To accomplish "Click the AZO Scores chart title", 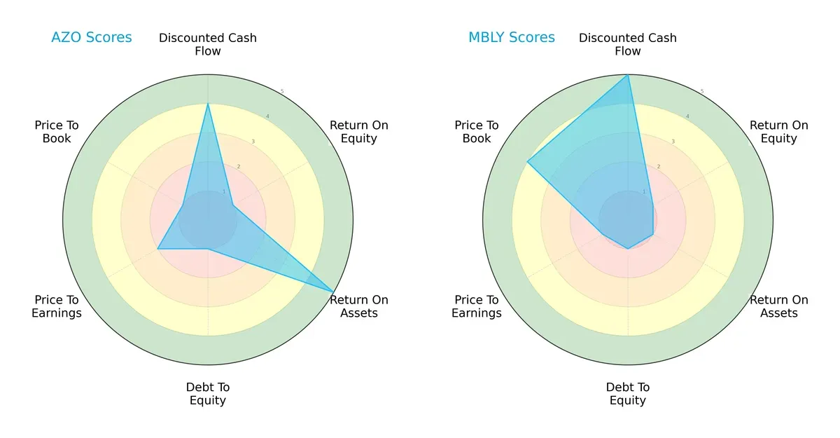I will click(91, 38).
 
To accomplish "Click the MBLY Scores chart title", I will click(511, 38).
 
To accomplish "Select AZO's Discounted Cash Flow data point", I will click(208, 104).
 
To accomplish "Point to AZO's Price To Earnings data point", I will click(157, 249).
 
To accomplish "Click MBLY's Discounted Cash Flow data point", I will click(628, 75).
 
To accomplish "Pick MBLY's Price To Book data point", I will click(527, 162).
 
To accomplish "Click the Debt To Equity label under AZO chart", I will click(208, 394).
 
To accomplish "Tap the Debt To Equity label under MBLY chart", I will click(628, 394).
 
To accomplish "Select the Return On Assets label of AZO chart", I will click(358, 306).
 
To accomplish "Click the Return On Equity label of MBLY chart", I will click(778, 132).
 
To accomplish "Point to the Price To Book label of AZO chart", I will click(57, 132).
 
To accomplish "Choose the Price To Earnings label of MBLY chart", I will click(477, 306).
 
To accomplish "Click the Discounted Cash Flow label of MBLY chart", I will click(628, 44).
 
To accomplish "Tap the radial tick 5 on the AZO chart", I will click(282, 92).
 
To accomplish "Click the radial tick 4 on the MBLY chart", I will click(687, 116).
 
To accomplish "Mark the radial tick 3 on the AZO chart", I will click(253, 142).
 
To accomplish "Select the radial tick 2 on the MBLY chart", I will click(658, 167).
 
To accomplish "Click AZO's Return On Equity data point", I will click(233, 205).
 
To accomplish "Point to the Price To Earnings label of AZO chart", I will click(57, 306).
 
